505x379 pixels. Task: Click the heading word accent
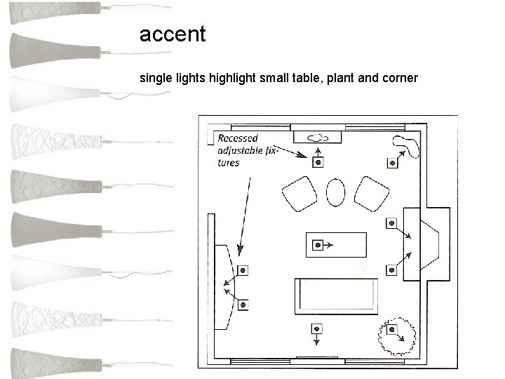click(x=173, y=34)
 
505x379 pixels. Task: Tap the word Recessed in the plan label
click(x=237, y=138)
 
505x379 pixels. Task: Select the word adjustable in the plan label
click(x=240, y=150)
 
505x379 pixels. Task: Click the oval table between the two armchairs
click(x=337, y=192)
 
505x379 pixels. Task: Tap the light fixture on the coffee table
click(x=318, y=245)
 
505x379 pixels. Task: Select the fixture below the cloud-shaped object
click(x=318, y=163)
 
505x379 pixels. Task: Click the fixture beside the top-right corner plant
click(x=392, y=163)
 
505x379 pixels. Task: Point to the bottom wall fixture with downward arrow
click(x=318, y=328)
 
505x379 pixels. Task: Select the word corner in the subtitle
click(x=399, y=78)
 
